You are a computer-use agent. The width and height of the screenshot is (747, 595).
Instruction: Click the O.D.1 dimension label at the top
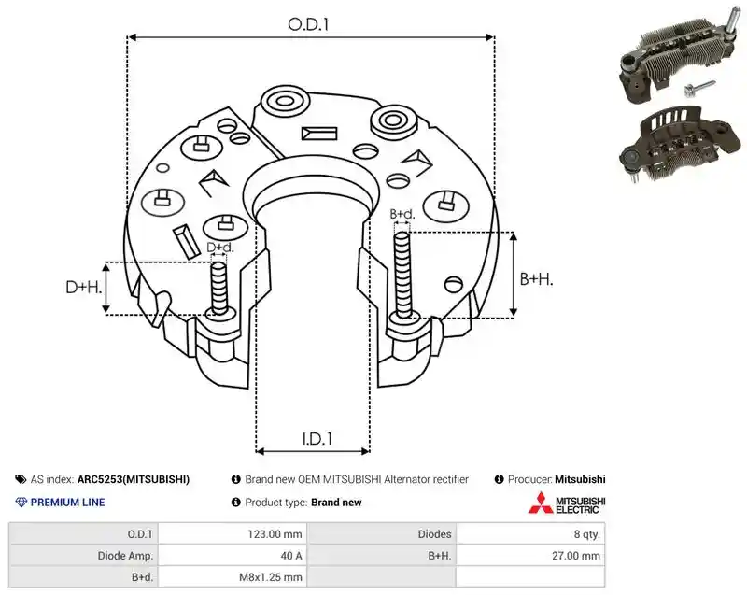coord(308,24)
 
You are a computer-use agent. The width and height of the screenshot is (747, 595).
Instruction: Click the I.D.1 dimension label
coord(317,439)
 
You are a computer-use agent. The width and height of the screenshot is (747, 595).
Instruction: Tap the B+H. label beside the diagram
coord(536,279)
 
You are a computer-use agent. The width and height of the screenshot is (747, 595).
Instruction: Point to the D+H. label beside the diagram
coord(84,288)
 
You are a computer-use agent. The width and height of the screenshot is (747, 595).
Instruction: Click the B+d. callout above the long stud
coord(402,214)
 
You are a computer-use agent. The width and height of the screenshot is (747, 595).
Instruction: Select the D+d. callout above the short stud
coord(220,248)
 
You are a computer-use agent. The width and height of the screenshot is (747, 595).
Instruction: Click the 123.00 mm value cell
coord(275,534)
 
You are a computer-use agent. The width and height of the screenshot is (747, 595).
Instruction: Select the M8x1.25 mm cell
coord(271,577)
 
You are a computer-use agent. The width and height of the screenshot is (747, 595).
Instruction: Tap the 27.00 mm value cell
coord(576,556)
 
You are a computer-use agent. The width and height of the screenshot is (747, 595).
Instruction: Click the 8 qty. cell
coord(587,534)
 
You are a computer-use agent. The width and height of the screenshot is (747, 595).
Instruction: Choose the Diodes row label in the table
coord(434,534)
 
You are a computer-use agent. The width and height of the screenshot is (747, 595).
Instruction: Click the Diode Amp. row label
coord(125,556)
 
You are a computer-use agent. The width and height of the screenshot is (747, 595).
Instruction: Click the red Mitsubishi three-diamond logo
coord(541,503)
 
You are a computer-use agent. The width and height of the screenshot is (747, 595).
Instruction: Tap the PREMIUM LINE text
coord(67,503)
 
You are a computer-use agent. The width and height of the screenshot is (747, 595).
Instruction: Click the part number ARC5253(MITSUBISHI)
coord(134,479)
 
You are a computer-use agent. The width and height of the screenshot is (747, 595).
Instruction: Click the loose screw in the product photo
coord(698,87)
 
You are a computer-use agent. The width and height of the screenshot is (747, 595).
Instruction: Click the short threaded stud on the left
coord(219,288)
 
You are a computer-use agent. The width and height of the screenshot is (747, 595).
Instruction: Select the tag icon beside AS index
coord(21,479)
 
